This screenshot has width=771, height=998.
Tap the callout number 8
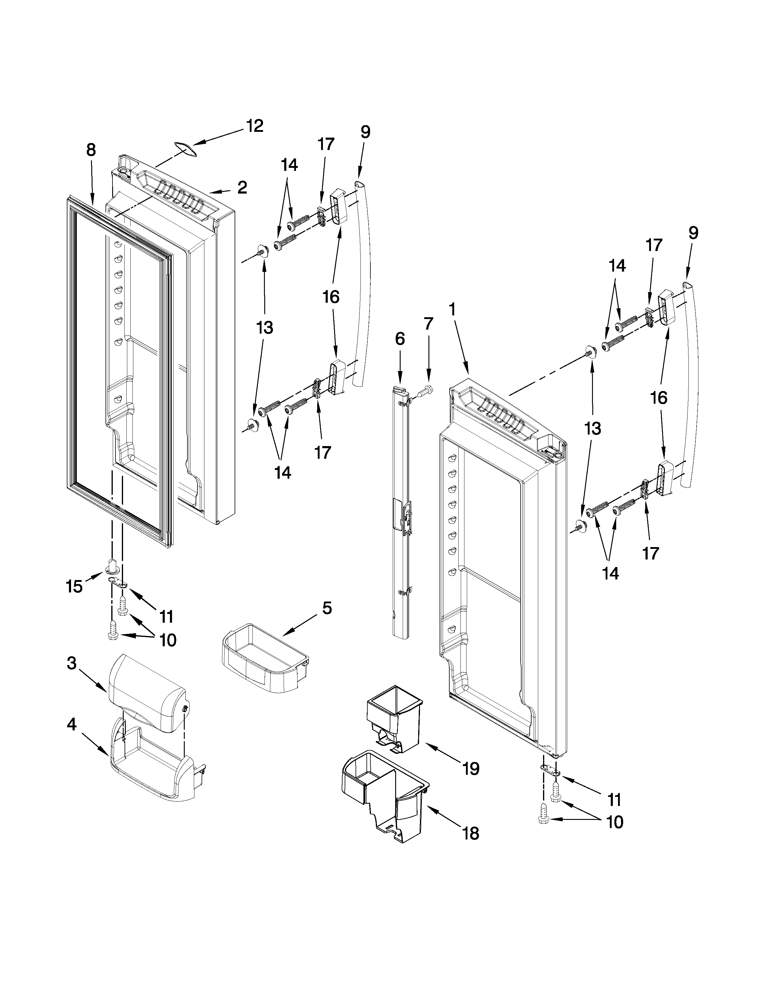pyautogui.click(x=91, y=150)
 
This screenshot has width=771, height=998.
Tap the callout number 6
pyautogui.click(x=400, y=339)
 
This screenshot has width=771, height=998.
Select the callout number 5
pyautogui.click(x=327, y=608)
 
